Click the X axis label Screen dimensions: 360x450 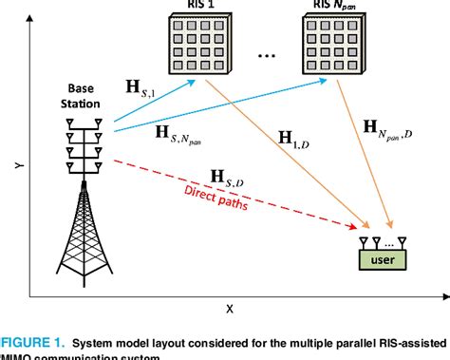230,309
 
